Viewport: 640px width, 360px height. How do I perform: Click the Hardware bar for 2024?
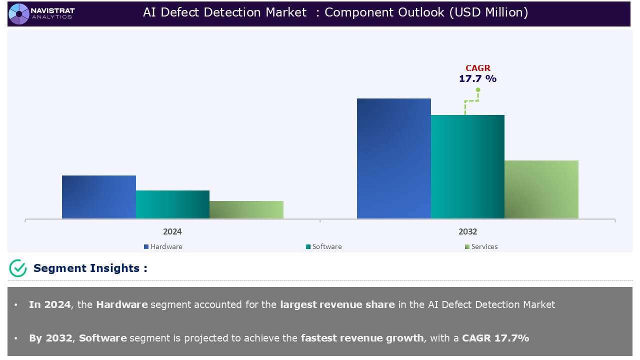click(99, 197)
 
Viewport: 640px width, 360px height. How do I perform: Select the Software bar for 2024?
click(172, 204)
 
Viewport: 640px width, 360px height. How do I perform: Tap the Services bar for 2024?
click(246, 210)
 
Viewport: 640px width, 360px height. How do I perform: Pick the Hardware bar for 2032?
click(393, 158)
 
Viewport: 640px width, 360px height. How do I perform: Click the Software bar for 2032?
click(467, 167)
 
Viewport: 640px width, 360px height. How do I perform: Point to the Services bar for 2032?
click(541, 189)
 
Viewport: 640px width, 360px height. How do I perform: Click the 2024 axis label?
click(172, 232)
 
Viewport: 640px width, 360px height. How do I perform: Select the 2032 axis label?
click(467, 232)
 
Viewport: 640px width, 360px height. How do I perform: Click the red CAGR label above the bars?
click(477, 68)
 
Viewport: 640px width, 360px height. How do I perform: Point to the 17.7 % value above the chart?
click(477, 79)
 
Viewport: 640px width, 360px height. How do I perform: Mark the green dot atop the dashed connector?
click(478, 90)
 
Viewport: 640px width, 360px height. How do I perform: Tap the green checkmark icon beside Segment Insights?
click(18, 268)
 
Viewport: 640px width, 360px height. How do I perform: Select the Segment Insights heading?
click(90, 268)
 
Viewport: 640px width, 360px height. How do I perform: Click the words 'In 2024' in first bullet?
click(49, 304)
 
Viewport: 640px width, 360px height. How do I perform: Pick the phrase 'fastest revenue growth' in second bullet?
click(362, 338)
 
